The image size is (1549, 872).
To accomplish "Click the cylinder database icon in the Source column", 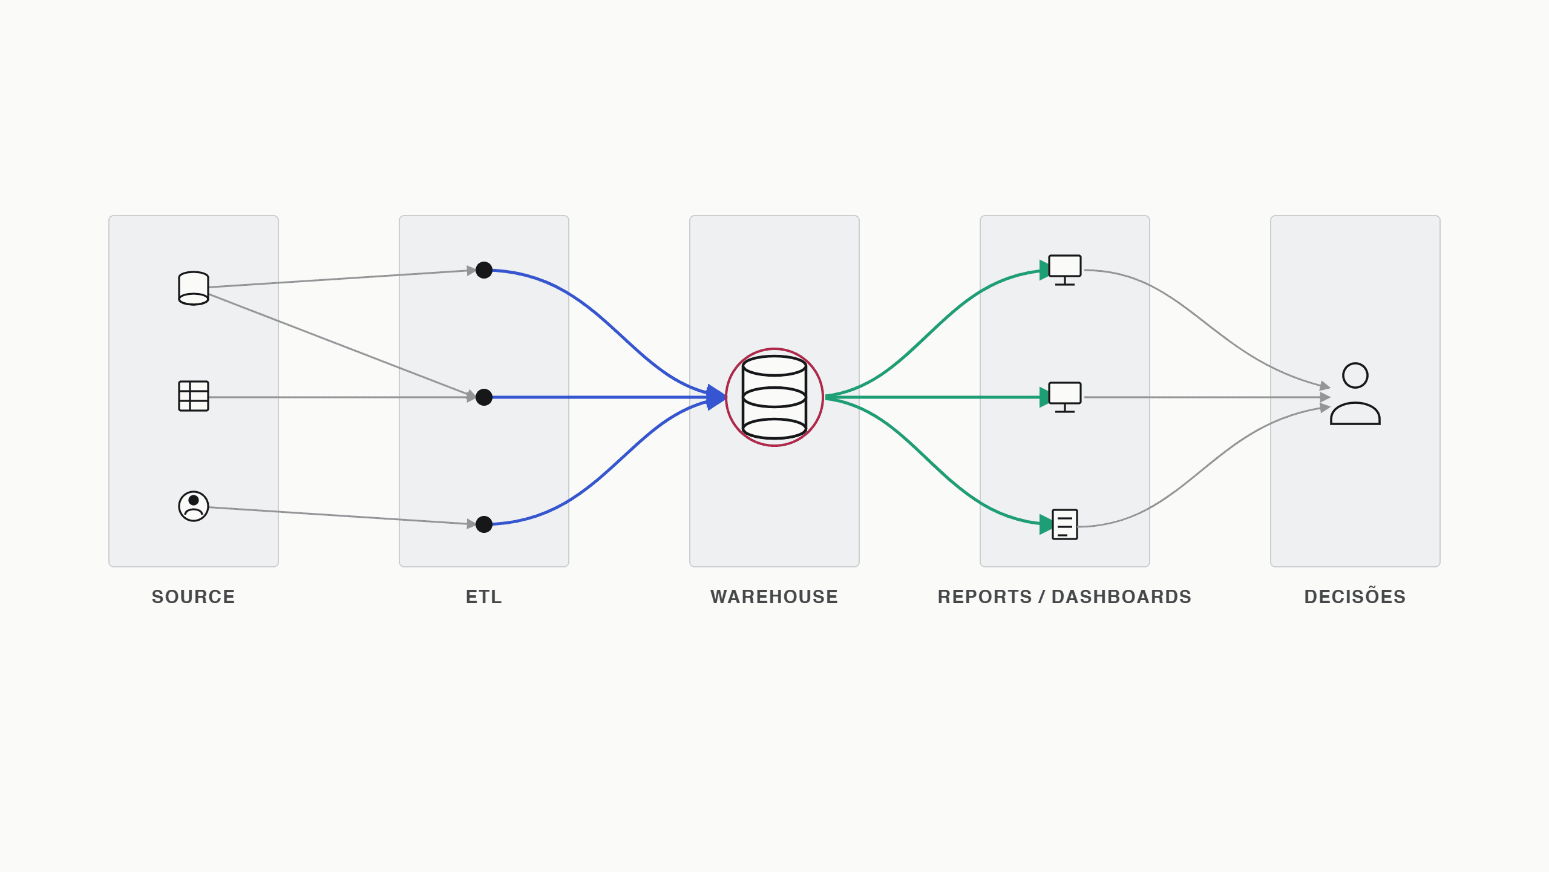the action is [x=194, y=288].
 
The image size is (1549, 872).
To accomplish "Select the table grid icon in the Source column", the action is [x=194, y=396].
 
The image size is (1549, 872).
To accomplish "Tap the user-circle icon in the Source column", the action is [x=194, y=506].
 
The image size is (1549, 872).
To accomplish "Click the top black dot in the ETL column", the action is [x=484, y=270].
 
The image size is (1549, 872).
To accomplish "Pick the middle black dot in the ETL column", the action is [x=484, y=397].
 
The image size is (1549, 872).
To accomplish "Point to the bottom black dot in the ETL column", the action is [x=484, y=524].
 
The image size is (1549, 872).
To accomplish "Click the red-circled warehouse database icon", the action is [x=774, y=397].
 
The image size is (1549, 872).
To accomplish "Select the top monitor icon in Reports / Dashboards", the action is [x=1065, y=270].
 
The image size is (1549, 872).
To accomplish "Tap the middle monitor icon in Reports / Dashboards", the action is [x=1065, y=397].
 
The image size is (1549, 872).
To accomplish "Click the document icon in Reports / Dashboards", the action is [x=1065, y=524].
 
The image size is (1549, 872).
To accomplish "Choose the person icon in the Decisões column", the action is [x=1355, y=394].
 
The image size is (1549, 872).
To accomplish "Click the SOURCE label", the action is [x=194, y=597].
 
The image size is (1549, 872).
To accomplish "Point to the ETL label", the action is [x=484, y=597].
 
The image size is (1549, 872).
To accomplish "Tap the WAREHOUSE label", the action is [x=774, y=597].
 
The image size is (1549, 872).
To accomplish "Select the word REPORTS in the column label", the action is [x=984, y=597].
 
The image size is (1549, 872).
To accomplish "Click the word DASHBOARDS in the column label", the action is [x=1121, y=597].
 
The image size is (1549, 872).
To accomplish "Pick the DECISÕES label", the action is [x=1355, y=596].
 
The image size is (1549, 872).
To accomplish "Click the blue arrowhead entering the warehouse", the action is [x=716, y=397].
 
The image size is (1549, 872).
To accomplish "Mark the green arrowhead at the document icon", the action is [x=1046, y=524].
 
